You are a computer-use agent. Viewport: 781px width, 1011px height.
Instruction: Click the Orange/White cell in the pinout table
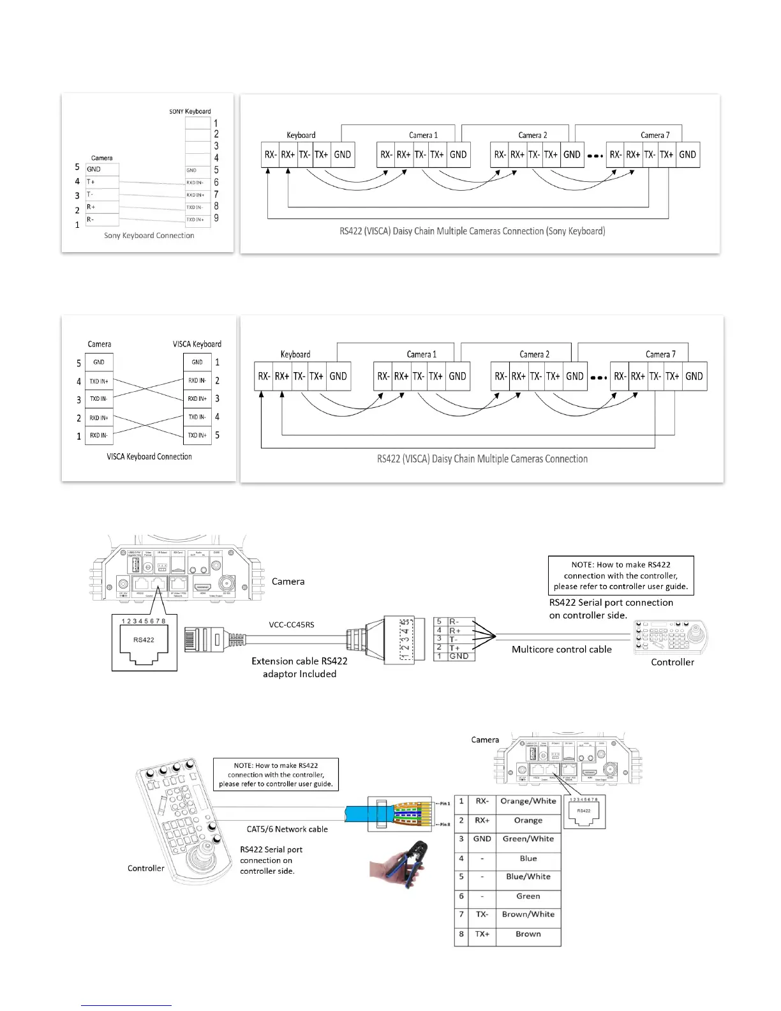(x=528, y=802)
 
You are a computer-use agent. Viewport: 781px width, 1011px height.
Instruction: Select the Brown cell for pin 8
(x=528, y=934)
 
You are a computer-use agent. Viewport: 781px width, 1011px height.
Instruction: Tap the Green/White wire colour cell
(x=528, y=839)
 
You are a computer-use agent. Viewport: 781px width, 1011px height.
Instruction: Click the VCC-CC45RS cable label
(x=291, y=625)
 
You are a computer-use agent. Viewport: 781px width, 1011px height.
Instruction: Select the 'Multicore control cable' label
(x=562, y=650)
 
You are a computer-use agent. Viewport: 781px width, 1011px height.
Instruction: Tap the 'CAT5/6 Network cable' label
(x=287, y=830)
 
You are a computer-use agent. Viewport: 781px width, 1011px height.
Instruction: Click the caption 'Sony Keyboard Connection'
(x=149, y=236)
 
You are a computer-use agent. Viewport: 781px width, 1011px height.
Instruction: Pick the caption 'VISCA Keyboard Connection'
(x=149, y=457)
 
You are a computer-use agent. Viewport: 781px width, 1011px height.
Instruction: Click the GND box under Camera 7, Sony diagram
(x=687, y=155)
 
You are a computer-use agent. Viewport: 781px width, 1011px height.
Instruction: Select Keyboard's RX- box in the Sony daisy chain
(x=271, y=155)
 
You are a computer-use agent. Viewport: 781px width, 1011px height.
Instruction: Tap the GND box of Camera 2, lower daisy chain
(x=574, y=377)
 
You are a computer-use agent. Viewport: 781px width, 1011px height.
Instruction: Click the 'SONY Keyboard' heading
(x=190, y=112)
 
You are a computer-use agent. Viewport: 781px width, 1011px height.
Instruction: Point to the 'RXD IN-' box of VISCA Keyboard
(x=197, y=381)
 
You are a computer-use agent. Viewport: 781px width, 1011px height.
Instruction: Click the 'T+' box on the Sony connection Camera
(x=102, y=182)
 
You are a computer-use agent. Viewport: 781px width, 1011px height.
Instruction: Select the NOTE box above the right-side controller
(x=620, y=576)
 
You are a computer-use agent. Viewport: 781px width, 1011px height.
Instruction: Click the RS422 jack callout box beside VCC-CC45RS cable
(x=144, y=642)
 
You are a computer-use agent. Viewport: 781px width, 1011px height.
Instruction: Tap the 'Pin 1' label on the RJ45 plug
(x=445, y=804)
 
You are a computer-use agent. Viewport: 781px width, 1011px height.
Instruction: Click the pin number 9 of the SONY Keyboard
(x=216, y=218)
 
